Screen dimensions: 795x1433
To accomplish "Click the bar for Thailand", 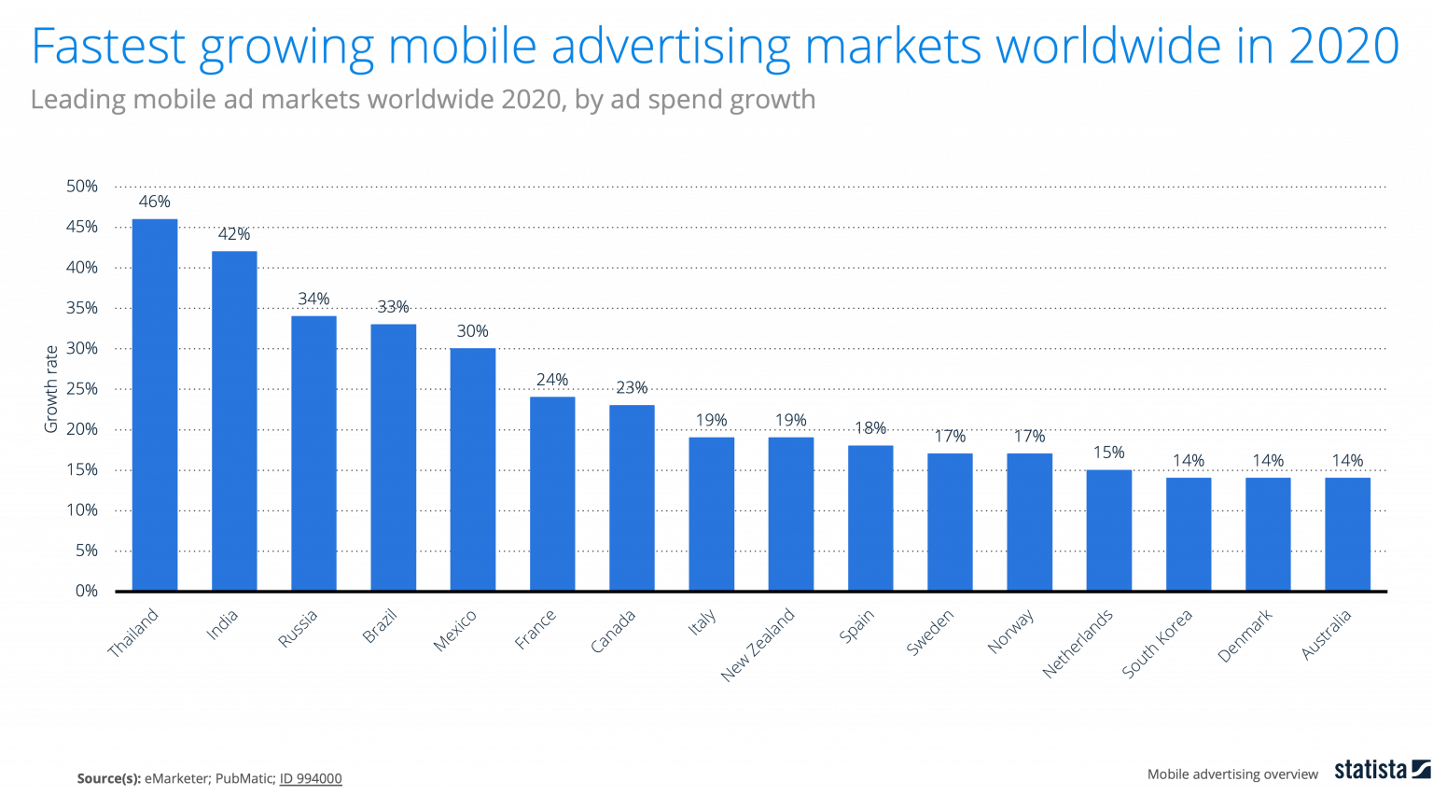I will tap(155, 404).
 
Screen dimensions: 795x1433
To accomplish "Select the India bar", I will tap(234, 420).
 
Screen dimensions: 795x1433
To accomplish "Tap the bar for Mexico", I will tap(473, 468).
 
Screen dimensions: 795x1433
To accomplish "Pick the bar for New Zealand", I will tap(791, 513).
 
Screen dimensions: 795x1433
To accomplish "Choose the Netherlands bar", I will tap(1109, 529).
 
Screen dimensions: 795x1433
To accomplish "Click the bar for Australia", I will tap(1348, 533).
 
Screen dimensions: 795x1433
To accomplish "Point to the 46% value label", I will tap(155, 202).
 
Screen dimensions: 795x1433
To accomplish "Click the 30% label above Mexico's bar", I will tap(473, 331).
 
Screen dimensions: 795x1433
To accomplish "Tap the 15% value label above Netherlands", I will tap(1109, 453).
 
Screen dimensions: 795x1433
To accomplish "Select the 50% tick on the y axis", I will tap(82, 187).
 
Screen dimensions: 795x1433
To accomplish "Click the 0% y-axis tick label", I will tap(87, 591).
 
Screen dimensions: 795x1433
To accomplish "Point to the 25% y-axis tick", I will tap(82, 389).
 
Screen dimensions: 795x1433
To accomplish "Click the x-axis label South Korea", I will tap(1157, 643).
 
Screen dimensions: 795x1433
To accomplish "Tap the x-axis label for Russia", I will tap(299, 628).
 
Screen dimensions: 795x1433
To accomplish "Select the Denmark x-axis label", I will tap(1245, 635).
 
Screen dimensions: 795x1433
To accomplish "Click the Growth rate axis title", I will tap(51, 389).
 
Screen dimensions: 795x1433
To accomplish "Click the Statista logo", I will tap(1382, 770).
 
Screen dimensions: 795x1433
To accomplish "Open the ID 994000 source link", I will tap(311, 778).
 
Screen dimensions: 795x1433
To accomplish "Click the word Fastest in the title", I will tap(109, 47).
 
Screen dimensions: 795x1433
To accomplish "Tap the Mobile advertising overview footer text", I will tap(1232, 774).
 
